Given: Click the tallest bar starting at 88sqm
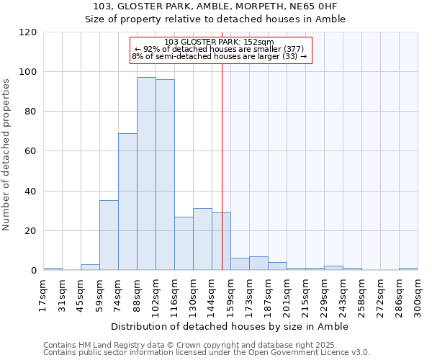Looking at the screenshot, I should tap(146, 174).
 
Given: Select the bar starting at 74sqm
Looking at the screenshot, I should tap(127, 202).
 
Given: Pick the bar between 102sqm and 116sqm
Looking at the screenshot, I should tap(165, 175).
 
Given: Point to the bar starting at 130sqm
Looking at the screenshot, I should tap(202, 240).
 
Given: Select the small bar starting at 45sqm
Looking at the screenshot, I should tap(90, 267).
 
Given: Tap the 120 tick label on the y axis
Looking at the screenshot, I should tap(28, 32).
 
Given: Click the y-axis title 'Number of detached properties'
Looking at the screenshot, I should tap(8, 155).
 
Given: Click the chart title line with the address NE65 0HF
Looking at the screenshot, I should tap(215, 6).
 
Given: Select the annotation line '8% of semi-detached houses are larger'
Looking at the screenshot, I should tap(220, 56).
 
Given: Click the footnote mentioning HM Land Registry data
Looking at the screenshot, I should tap(206, 345).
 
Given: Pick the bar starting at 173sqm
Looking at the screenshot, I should tap(258, 264).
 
